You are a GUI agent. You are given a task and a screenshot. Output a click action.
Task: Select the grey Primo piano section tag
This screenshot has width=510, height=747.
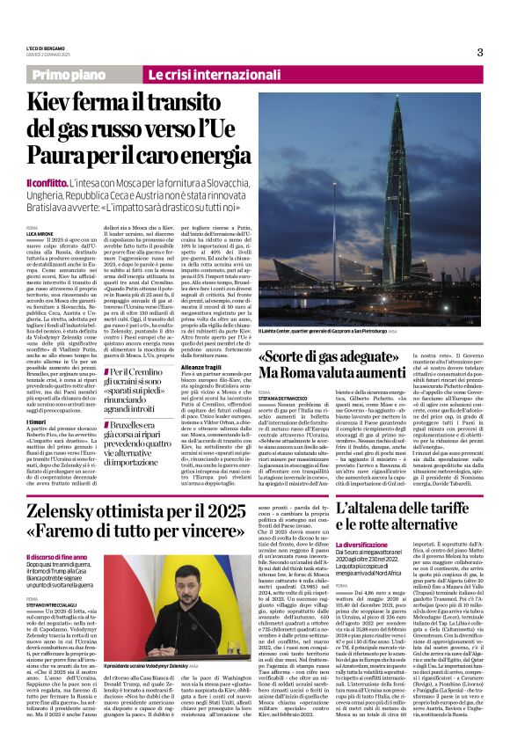(69, 76)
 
